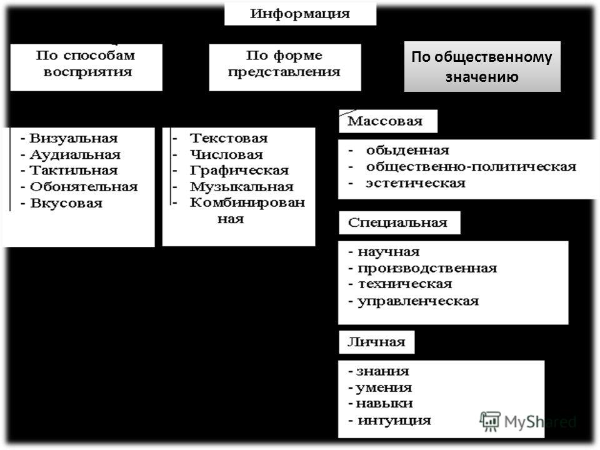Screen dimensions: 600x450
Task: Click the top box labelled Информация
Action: coord(300,14)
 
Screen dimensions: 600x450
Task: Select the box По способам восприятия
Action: coord(86,67)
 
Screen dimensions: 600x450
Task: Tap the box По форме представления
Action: coord(285,67)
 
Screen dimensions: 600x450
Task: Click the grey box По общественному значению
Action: coord(482,67)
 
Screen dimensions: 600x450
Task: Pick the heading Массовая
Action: coord(385,121)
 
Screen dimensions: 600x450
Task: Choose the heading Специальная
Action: coord(397,222)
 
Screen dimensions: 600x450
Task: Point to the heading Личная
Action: coord(376,342)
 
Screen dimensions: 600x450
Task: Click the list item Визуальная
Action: coord(74,138)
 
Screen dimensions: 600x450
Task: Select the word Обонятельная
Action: coord(84,187)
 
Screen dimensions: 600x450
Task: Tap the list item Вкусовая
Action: coord(66,203)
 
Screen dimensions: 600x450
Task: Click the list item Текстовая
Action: coord(229,138)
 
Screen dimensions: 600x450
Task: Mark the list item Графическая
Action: coord(239,171)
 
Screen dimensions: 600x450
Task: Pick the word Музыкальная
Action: coord(242,187)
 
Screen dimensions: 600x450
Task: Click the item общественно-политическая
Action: coord(471,167)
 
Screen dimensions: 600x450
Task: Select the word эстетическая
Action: coord(416,183)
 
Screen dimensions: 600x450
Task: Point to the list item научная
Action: coord(388,252)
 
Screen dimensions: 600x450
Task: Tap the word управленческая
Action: coord(418,301)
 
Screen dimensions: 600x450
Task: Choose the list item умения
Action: coord(384,388)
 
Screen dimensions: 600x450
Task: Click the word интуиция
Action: coord(394,421)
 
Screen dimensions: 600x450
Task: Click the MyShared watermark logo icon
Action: coord(490,421)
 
